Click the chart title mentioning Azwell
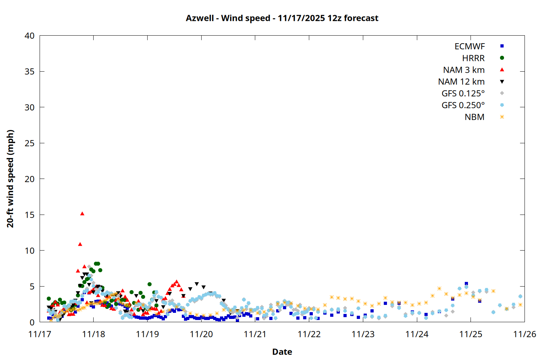coord(282,18)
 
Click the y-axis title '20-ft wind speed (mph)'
coord(10,179)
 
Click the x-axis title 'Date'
coord(282,352)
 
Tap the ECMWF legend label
coord(469,46)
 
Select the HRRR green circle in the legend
coord(502,58)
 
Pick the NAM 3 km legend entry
coord(464,70)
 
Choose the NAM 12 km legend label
coord(461,82)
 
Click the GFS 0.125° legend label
coord(463,94)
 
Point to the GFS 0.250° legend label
coord(463,105)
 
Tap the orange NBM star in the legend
coord(502,117)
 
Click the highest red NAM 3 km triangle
coord(82,213)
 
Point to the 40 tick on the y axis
coord(30,36)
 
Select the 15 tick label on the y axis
coord(30,215)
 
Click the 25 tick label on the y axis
coord(30,143)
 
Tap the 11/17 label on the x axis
coord(40,334)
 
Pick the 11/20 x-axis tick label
coord(201,334)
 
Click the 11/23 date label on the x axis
coord(363,334)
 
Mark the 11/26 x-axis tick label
coord(525,334)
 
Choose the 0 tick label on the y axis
coord(32,322)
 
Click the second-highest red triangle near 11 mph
coord(80,244)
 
